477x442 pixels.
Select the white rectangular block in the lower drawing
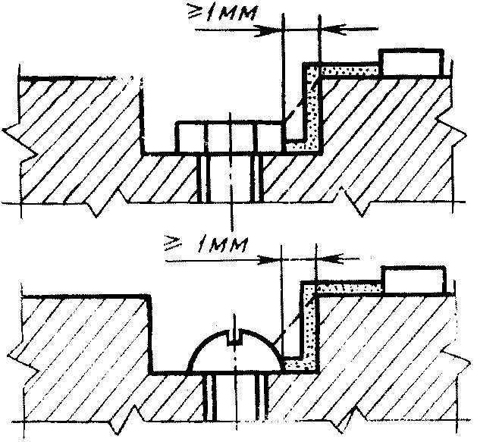click(413, 280)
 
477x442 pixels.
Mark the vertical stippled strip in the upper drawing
click(312, 106)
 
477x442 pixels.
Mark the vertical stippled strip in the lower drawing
click(309, 326)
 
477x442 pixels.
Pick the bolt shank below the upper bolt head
click(231, 178)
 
